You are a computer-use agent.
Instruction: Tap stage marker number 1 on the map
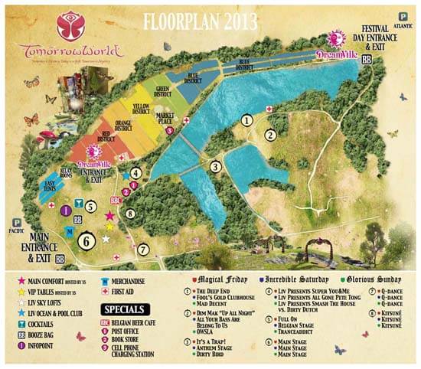point(246,120)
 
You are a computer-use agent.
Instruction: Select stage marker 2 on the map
point(269,136)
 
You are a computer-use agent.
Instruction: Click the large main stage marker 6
point(87,240)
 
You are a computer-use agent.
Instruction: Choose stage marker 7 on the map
point(142,250)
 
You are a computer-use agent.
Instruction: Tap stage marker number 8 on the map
point(130,214)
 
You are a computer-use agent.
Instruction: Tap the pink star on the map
point(109,216)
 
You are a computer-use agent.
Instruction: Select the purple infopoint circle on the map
point(67,210)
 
